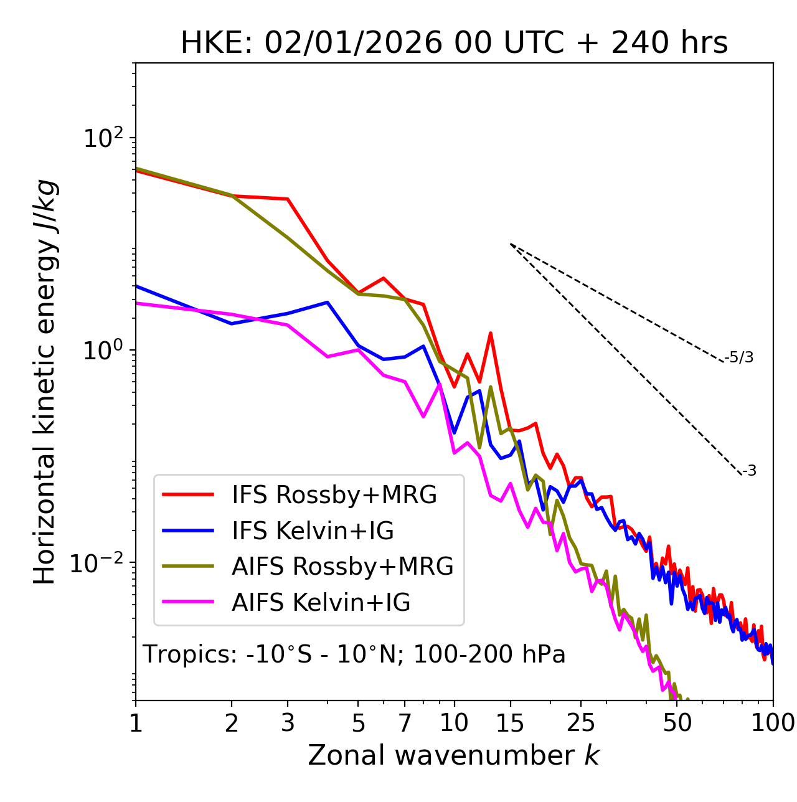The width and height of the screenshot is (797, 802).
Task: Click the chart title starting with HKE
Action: pos(454,44)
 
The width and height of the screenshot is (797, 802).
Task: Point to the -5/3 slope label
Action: pos(739,357)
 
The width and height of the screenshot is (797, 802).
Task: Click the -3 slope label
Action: pos(749,471)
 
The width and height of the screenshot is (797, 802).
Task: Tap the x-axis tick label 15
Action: pos(510,723)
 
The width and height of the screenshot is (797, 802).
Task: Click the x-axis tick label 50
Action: pos(677,723)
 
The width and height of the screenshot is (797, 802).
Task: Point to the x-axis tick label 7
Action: pos(405,723)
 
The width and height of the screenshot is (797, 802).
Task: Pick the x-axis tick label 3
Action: pos(288,723)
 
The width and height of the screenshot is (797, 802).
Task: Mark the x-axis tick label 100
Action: pos(772,723)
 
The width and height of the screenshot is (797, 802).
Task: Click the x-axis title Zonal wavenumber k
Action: pos(454,755)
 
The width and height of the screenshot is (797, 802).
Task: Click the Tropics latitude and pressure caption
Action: pos(354,654)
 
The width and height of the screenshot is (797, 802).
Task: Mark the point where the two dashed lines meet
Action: pos(510,244)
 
